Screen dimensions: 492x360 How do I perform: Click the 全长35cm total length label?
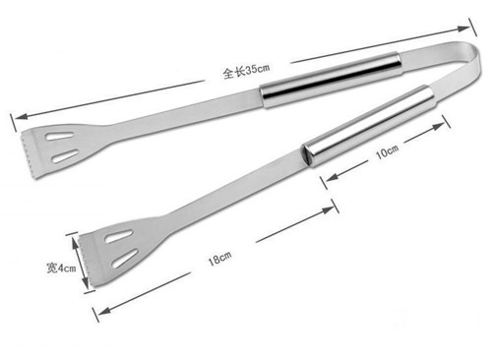click(246, 71)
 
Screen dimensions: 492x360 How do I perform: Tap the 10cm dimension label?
click(387, 151)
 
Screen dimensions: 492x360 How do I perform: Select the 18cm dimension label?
click(219, 259)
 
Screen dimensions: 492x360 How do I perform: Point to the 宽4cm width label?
click(61, 268)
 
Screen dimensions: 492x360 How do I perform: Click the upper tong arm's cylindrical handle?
click(331, 80)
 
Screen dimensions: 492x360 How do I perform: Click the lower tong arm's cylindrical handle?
click(369, 126)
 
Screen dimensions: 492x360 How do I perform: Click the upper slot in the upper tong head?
click(60, 136)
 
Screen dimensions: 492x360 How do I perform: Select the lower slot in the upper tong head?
click(66, 156)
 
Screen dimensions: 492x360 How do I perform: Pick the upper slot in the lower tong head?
click(119, 236)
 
